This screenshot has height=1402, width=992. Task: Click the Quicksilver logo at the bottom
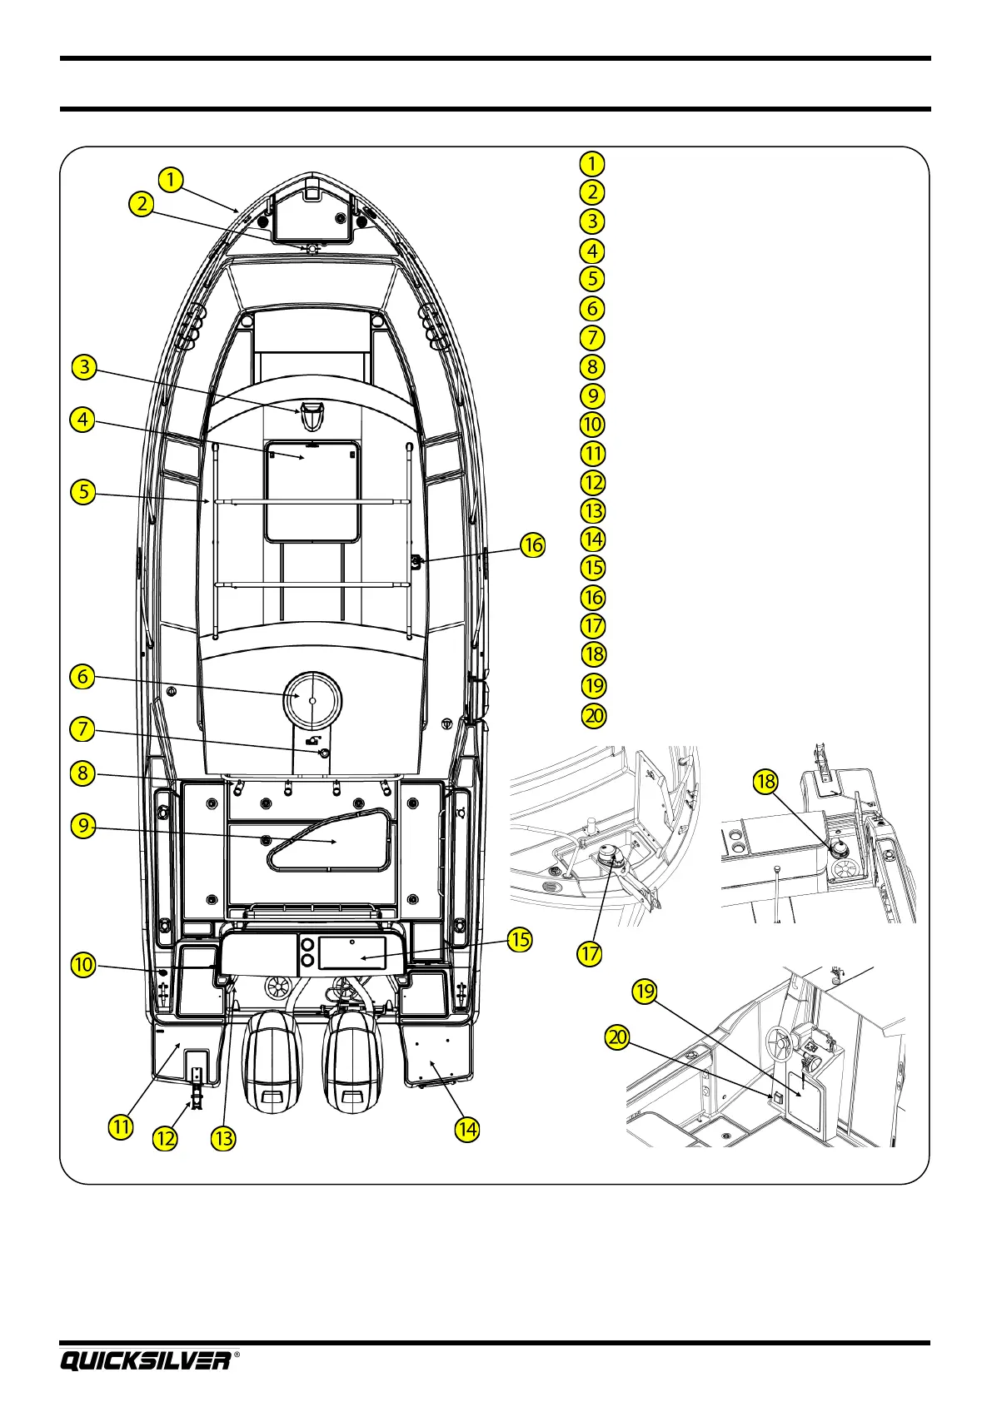pos(145,1360)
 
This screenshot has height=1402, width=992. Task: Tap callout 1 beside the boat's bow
pos(170,179)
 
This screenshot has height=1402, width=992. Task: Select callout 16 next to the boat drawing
pos(532,546)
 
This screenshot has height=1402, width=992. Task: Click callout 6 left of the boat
pos(82,677)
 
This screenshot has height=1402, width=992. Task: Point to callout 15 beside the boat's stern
pos(520,940)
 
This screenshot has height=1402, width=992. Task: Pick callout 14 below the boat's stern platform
pos(466,1129)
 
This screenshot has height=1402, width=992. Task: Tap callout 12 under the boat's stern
pos(165,1137)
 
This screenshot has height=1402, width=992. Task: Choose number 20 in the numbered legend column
pos(592,715)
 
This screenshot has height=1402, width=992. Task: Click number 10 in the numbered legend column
pos(592,425)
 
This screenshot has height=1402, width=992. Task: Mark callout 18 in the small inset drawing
pos(765,782)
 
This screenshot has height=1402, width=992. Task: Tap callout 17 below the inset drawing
pos(589,952)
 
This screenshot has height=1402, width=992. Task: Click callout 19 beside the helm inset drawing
pos(645,992)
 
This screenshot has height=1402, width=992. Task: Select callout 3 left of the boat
pos(83,367)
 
